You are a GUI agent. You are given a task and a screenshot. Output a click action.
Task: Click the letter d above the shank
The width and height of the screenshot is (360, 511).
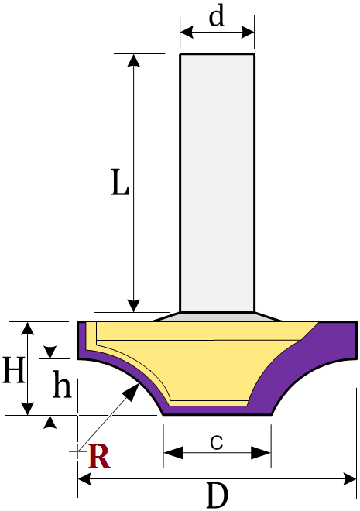coord(217,16)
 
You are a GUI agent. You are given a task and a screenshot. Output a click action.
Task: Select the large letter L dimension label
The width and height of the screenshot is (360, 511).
coord(120,182)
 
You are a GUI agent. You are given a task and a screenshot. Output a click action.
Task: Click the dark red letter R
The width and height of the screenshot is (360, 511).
coord(99,456)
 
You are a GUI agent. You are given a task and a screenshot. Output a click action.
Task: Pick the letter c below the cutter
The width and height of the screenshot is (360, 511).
coord(217,442)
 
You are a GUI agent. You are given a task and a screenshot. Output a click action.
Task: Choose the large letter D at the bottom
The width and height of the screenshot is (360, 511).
coord(218,495)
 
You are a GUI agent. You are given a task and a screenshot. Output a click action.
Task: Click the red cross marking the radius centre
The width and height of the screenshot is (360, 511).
coord(77,451)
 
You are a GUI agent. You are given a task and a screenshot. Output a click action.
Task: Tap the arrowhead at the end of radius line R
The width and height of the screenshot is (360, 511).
coord(133,391)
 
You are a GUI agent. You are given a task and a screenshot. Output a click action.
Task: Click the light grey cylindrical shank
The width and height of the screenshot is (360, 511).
coord(217,183)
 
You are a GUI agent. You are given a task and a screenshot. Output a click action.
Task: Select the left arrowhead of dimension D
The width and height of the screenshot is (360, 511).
coord(84,479)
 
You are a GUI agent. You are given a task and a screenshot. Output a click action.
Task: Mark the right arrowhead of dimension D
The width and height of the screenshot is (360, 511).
coord(350,479)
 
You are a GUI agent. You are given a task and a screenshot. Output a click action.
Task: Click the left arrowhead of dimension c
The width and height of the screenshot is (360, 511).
coord(173,452)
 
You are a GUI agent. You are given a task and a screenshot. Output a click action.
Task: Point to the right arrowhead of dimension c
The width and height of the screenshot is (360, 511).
coord(261,452)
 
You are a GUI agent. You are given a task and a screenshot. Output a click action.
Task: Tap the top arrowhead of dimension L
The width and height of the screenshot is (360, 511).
coord(134,61)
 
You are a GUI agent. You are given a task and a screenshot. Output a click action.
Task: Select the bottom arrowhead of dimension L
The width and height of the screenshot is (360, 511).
coord(134,305)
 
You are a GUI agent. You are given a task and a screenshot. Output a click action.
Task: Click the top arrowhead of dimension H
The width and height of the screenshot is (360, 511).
coord(28,328)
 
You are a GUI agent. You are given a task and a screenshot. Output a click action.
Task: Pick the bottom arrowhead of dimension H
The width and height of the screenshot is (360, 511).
coord(28,409)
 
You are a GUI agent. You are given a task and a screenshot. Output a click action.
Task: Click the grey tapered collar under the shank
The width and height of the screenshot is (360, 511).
coord(217,317)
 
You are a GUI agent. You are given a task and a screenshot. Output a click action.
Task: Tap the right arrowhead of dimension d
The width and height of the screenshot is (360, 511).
coord(248,33)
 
